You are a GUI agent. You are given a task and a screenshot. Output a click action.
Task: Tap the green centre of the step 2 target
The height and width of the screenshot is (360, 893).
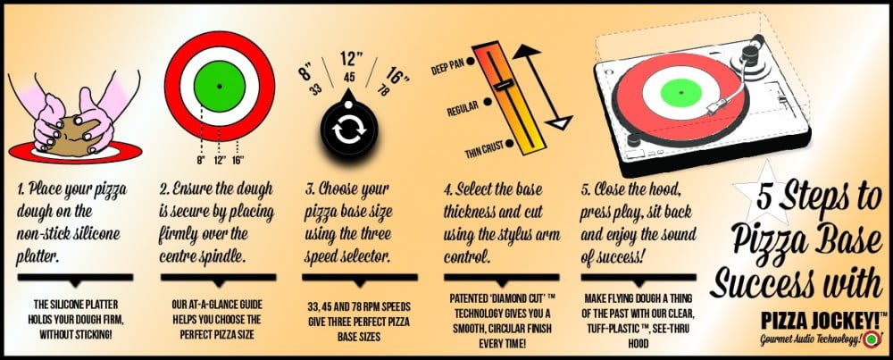click(220, 86)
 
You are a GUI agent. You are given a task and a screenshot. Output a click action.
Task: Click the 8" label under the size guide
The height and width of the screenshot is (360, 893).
click(200, 160)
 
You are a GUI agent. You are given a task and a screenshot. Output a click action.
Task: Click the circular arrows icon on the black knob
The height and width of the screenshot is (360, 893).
click(348, 130)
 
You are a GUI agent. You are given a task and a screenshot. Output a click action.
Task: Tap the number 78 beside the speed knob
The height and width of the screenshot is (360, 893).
click(383, 89)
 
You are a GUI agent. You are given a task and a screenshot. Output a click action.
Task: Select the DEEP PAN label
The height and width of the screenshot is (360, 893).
click(447, 70)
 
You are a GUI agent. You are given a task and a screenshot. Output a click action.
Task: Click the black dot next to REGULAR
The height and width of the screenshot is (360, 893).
click(488, 103)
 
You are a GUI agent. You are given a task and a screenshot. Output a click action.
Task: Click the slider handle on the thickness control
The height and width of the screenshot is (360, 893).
click(502, 86)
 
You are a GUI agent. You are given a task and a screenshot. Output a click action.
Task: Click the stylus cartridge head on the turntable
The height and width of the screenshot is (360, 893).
click(715, 109)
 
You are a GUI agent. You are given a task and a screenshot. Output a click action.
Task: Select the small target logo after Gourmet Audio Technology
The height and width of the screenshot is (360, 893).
click(869, 340)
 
